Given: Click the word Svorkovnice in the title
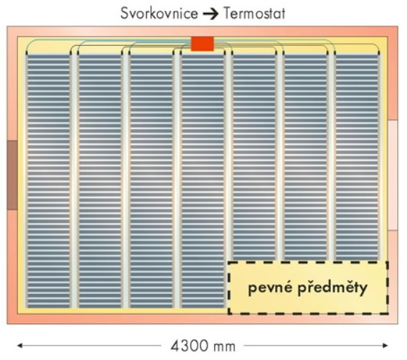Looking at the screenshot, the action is [x=159, y=13].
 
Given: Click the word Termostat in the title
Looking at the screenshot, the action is [x=254, y=13].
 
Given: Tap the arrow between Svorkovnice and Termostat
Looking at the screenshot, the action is [x=211, y=14].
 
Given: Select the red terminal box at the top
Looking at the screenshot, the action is [x=203, y=44].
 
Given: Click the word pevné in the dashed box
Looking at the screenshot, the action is [x=269, y=288].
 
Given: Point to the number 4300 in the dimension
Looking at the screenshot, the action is [x=190, y=346].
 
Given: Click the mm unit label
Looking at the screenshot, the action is [x=224, y=347].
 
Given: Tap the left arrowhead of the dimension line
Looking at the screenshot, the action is [x=20, y=346].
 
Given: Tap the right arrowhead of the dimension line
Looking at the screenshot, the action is [x=386, y=346].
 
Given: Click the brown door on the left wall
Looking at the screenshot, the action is [x=12, y=175].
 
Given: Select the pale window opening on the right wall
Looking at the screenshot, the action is [x=393, y=175].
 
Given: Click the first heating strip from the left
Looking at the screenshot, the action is [x=48, y=181].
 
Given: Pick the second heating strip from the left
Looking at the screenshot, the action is [x=100, y=181].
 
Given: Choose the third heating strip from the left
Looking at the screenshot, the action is [x=151, y=181].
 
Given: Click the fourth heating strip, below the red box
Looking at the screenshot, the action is [x=203, y=181].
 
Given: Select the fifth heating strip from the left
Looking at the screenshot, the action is [x=254, y=157].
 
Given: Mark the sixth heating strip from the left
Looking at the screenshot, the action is [x=305, y=157].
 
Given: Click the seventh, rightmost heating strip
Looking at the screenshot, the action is [x=357, y=157].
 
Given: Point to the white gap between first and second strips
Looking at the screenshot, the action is [x=75, y=181].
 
